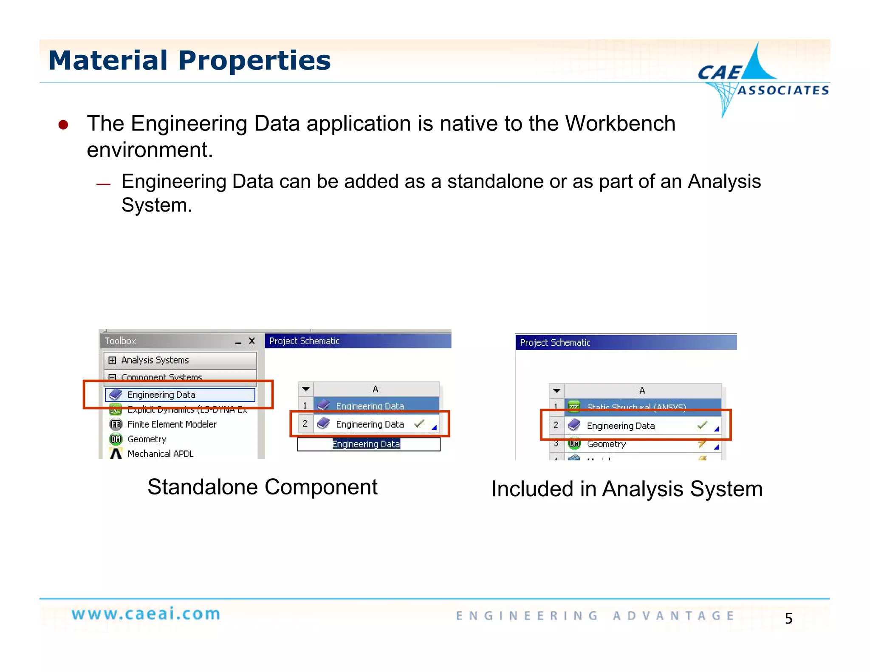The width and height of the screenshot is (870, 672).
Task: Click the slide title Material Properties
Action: pos(189,60)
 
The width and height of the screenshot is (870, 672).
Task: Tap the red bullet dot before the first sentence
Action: pos(63,124)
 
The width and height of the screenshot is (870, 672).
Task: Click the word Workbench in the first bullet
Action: pos(620,124)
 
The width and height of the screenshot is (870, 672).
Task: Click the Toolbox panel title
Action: pos(120,341)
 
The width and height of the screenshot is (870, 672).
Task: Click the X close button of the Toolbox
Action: pos(252,341)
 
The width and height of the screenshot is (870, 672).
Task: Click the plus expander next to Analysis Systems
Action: pos(112,360)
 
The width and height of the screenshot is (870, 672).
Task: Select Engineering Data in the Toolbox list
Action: pos(161,395)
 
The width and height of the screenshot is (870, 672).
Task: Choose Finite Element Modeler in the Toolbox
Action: pos(172,424)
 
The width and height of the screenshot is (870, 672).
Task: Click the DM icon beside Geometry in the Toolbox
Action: pos(116,439)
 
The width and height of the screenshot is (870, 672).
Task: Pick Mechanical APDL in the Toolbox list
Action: pos(160,454)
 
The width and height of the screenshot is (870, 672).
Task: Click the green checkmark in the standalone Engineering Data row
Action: pos(419,424)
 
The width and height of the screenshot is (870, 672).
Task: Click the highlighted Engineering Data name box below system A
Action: pos(366,444)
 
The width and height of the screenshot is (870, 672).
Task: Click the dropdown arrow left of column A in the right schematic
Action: pos(556,390)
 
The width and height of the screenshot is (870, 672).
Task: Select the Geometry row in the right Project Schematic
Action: pos(606,444)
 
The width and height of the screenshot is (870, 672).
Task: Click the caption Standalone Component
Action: pos(262,487)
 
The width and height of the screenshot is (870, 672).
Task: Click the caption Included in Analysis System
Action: pos(627,489)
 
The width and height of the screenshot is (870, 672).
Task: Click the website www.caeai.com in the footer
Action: pos(146,614)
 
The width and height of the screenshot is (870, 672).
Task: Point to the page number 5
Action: pos(788,618)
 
